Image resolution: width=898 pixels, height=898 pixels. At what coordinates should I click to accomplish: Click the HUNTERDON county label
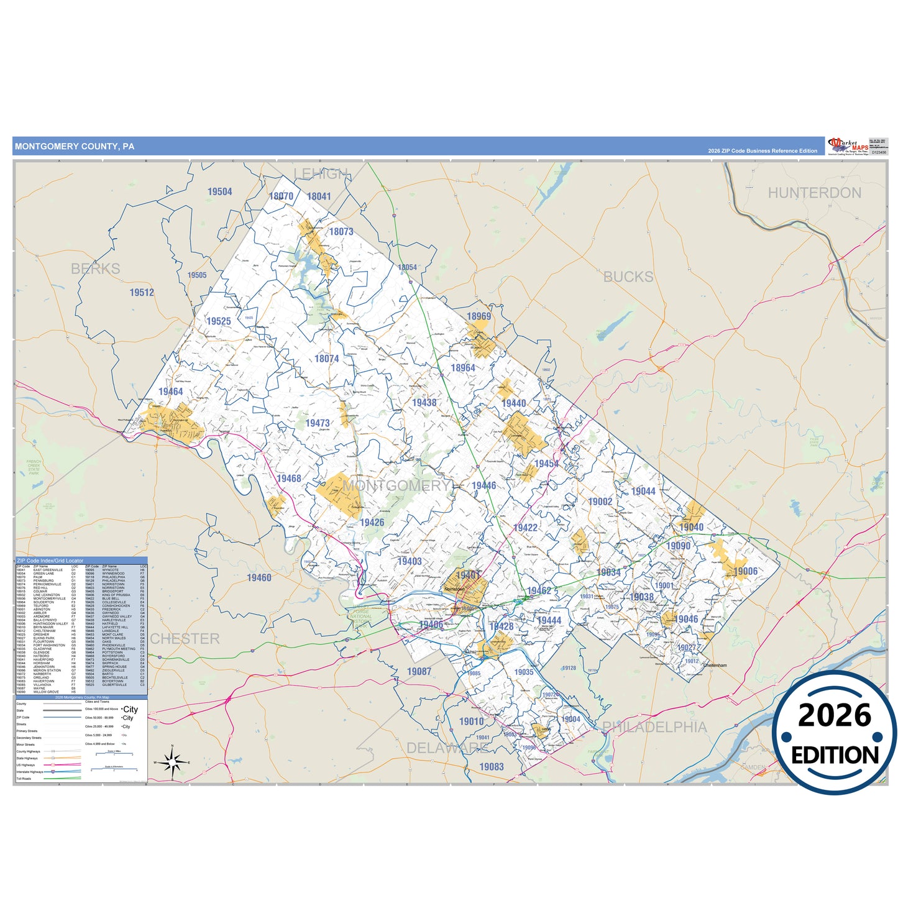[x=814, y=193]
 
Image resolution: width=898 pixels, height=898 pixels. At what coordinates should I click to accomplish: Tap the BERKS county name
[x=96, y=269]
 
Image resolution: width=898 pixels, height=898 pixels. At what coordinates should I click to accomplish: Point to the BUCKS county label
[x=628, y=277]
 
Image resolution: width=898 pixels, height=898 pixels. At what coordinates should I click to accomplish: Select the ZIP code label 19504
[x=220, y=192]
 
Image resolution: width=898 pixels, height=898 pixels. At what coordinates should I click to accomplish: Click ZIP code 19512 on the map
[x=142, y=293]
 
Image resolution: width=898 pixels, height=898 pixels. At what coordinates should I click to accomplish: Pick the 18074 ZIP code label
[x=327, y=359]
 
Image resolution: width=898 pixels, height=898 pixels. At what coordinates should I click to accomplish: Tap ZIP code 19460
[x=259, y=578]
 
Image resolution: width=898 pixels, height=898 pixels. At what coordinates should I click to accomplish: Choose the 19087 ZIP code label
[x=419, y=672]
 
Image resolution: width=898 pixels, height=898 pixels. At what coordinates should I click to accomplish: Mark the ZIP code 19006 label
[x=745, y=572]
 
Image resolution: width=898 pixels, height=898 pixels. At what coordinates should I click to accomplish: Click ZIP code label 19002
[x=600, y=502]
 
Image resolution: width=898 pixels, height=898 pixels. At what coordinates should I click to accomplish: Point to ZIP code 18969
[x=479, y=316]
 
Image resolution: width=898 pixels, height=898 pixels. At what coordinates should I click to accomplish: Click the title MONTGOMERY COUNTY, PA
[x=75, y=147]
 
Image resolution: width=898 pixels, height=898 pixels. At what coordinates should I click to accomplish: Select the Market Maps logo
[x=848, y=147]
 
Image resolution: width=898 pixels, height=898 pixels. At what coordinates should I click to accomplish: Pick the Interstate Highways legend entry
[x=30, y=772]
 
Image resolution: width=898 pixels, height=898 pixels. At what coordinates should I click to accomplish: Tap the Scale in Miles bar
[x=114, y=753]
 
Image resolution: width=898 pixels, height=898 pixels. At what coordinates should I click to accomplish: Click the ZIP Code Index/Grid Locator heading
[x=50, y=561]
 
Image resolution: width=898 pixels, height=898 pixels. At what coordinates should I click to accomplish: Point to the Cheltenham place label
[x=715, y=666]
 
